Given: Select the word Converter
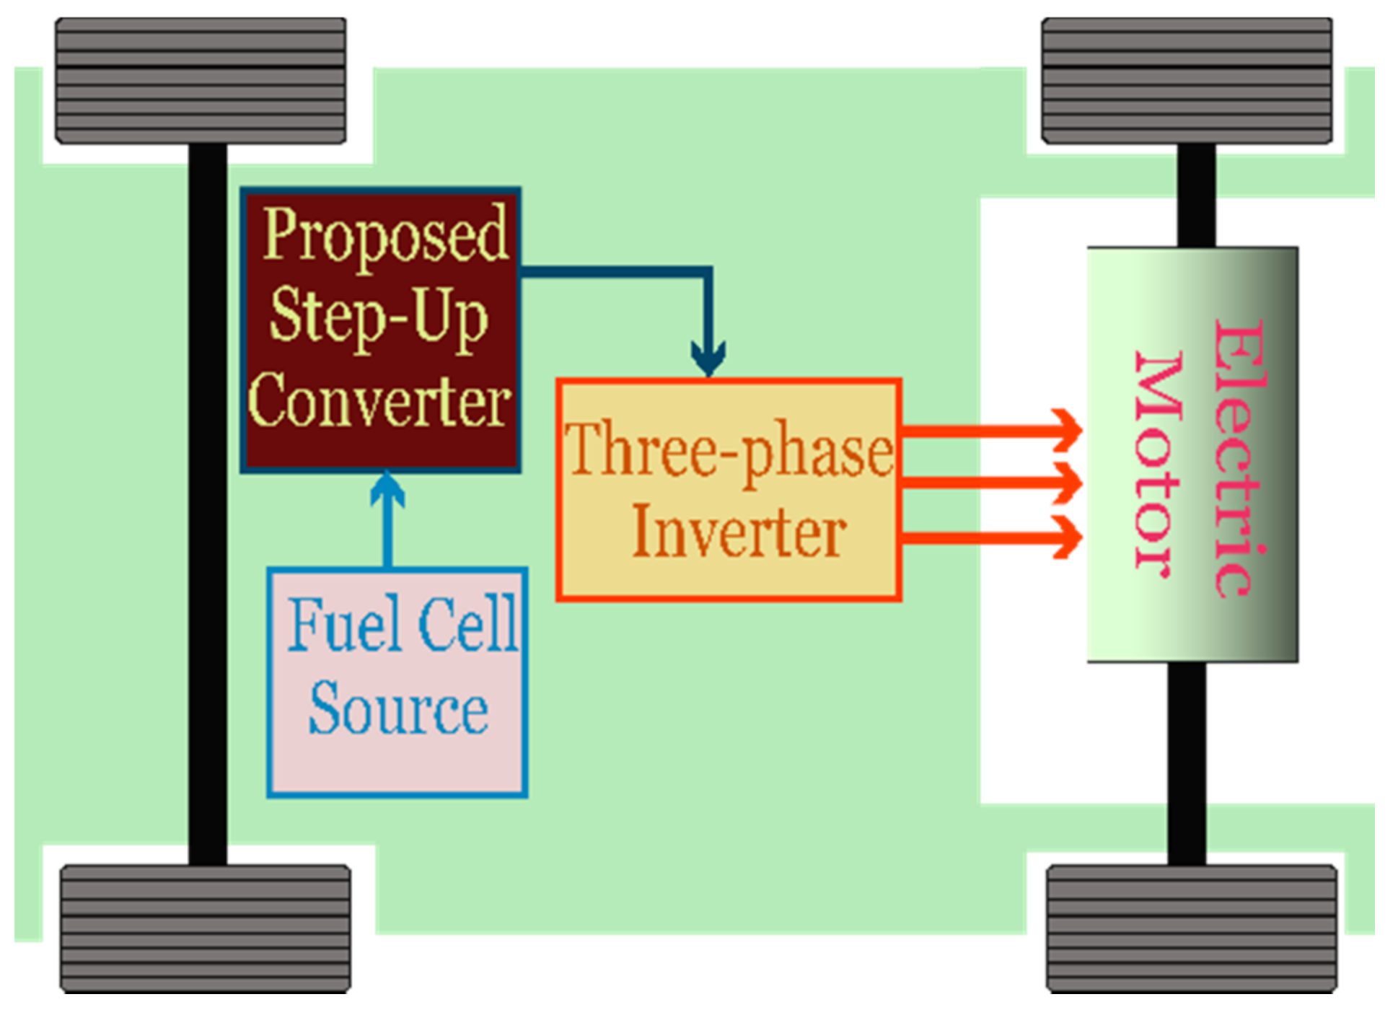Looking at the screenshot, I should tap(379, 402).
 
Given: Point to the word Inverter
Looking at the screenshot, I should tap(739, 533).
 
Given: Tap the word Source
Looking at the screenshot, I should tap(398, 709).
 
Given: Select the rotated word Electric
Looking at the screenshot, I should tap(1239, 457).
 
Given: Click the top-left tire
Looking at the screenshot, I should tap(201, 81).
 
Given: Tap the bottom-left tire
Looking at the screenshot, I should tap(205, 928).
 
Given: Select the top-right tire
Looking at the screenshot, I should tap(1187, 81).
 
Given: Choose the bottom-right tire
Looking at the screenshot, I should tap(1191, 928).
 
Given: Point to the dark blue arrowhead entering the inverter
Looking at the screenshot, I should tap(708, 357).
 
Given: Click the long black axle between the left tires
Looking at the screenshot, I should tap(208, 505).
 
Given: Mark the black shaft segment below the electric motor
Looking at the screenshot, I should tap(1187, 763).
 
